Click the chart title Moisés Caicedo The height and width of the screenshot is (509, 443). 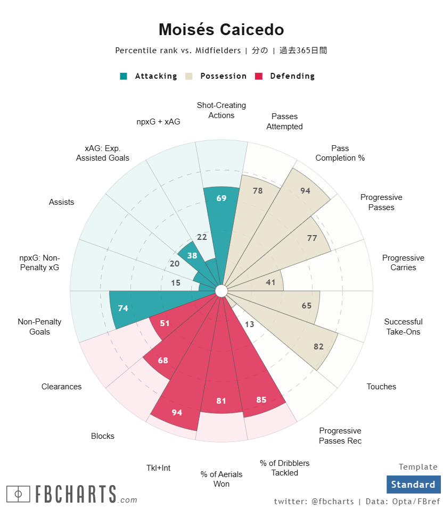(221, 30)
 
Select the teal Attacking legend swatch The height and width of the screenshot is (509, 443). (124, 76)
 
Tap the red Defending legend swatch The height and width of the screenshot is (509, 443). (259, 76)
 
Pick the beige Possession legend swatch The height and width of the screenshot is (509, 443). (190, 76)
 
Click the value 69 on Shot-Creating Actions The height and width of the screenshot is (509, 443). (222, 198)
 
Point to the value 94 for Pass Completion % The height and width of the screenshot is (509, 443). (305, 191)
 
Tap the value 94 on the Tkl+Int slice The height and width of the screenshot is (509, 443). (177, 412)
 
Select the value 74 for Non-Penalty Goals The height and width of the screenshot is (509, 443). (123, 308)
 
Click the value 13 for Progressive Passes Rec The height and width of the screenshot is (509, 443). (250, 324)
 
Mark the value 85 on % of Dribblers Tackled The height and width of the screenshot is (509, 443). (261, 399)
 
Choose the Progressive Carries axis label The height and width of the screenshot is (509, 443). (403, 263)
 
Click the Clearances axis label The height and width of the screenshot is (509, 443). (62, 387)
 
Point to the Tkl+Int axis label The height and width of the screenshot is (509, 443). (159, 468)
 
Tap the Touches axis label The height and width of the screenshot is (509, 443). (381, 387)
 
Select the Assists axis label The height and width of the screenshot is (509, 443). (62, 202)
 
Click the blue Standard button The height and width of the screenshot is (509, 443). (413, 485)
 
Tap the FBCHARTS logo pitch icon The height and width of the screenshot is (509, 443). (18, 494)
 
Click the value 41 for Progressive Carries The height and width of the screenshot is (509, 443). (270, 282)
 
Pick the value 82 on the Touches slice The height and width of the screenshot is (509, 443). (318, 347)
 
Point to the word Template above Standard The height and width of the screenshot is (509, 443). (418, 467)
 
